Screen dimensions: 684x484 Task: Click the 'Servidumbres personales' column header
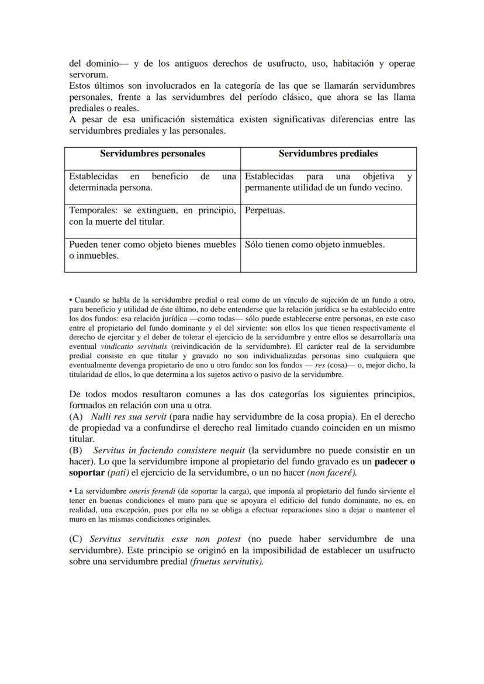pos(152,154)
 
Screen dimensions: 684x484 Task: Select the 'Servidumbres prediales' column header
pos(328,154)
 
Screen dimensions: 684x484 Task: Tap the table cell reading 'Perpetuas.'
pos(265,210)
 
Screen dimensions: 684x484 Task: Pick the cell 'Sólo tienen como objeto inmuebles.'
pos(314,245)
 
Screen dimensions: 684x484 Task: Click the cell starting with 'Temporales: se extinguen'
pos(152,216)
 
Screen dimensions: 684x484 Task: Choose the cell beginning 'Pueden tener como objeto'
pos(152,250)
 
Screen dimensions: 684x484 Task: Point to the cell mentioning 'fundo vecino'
pos(328,182)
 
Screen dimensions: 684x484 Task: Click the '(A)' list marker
pos(76,417)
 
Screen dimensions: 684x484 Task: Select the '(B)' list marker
pos(76,450)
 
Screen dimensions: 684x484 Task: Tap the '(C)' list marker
pos(76,539)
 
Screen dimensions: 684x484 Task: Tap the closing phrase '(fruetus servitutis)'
pos(227,561)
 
